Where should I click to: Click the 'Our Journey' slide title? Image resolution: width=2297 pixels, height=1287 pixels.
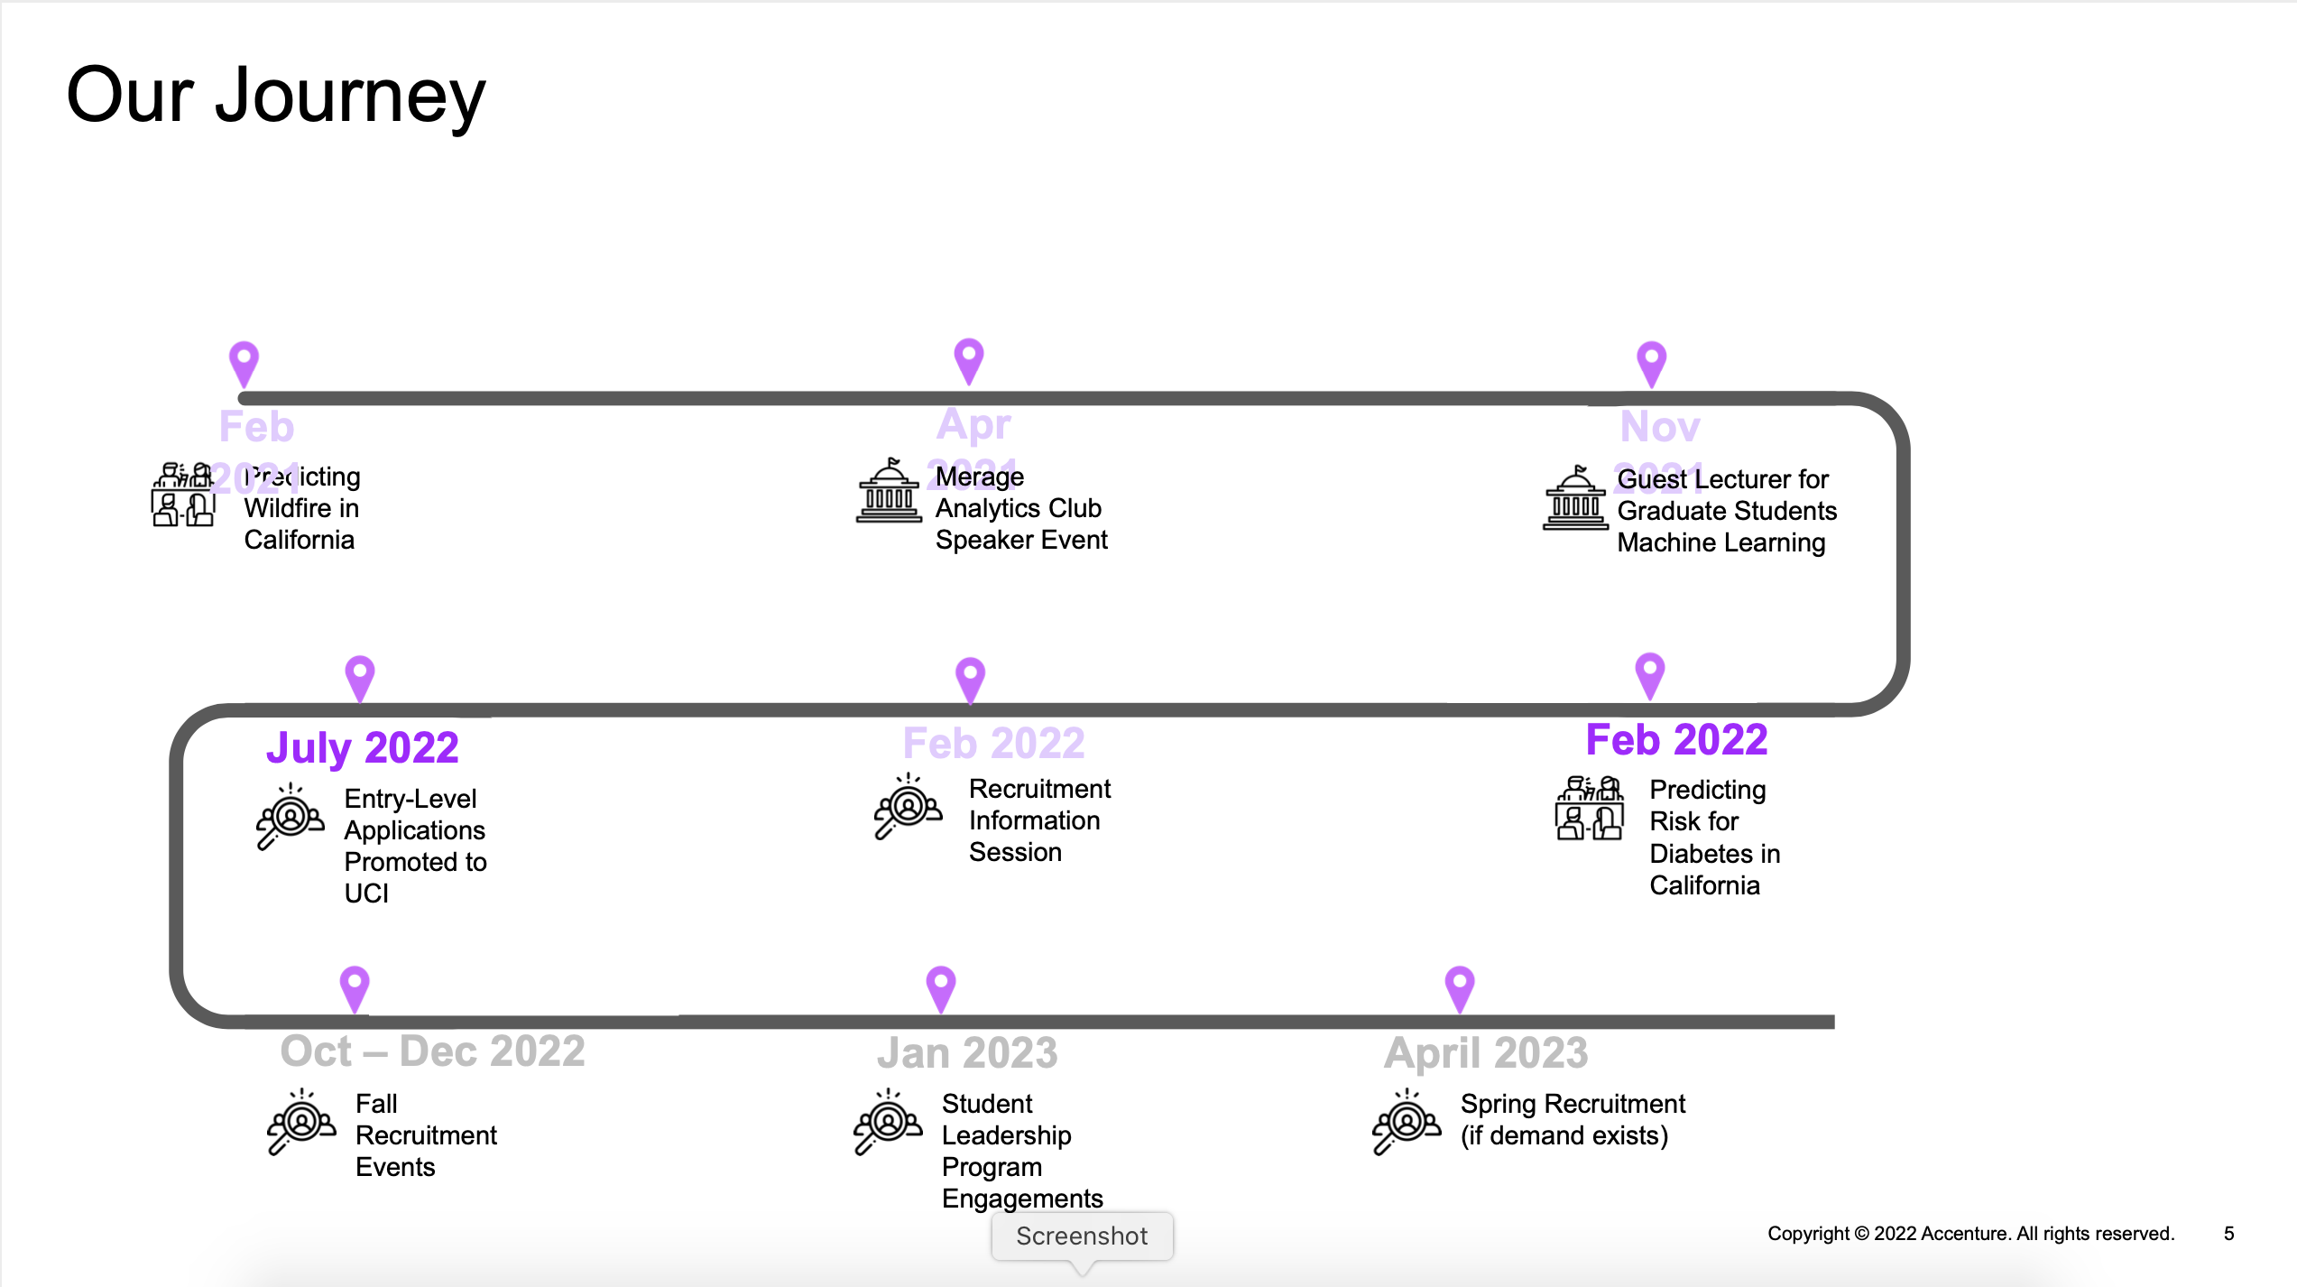point(275,96)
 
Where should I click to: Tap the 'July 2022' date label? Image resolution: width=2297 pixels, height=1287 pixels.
point(362,747)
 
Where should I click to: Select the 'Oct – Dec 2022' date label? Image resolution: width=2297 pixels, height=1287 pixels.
point(432,1051)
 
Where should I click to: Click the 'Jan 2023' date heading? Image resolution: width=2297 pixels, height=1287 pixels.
point(966,1052)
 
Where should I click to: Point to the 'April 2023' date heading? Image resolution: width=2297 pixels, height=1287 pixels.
point(1485,1052)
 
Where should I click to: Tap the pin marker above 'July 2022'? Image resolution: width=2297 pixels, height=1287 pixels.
point(359,676)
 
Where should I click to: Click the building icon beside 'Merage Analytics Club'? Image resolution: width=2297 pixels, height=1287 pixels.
point(889,492)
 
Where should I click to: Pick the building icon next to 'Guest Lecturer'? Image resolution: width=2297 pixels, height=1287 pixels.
point(1575,498)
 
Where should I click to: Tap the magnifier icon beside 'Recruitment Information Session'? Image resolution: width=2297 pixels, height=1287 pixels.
point(907,806)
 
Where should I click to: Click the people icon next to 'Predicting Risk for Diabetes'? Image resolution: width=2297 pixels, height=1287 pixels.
point(1589,808)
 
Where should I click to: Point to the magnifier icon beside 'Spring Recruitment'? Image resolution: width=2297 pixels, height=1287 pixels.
point(1405,1121)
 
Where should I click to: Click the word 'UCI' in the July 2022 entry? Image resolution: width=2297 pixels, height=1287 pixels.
point(366,893)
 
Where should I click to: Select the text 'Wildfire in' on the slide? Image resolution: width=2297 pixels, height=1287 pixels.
point(301,508)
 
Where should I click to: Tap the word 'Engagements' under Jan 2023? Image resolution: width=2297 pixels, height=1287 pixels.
point(1021,1199)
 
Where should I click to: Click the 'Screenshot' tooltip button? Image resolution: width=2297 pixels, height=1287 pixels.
point(1081,1236)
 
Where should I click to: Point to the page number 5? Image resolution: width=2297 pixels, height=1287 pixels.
point(2228,1233)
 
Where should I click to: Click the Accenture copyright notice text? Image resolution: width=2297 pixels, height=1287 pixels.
point(1970,1233)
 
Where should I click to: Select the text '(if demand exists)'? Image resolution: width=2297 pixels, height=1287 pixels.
point(1564,1135)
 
